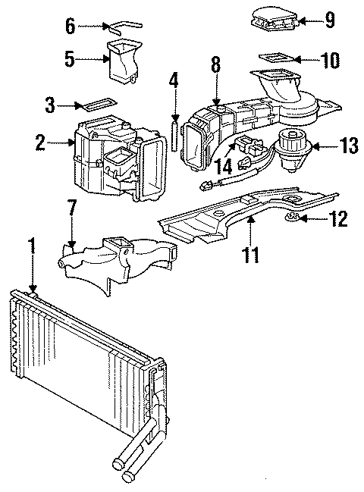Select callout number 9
tap(329, 20)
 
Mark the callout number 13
tap(347, 145)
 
